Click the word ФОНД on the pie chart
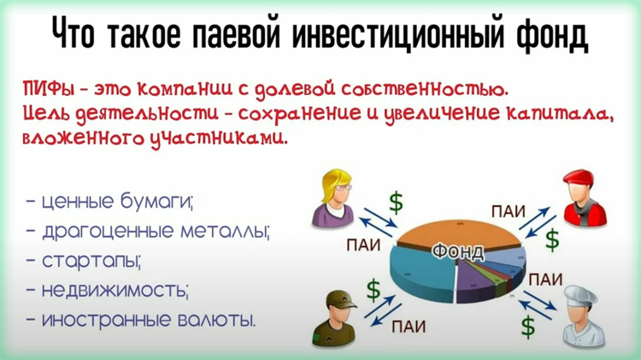point(458,251)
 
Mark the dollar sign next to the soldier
point(373,290)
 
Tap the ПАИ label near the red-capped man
point(507,210)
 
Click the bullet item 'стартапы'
point(91,262)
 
